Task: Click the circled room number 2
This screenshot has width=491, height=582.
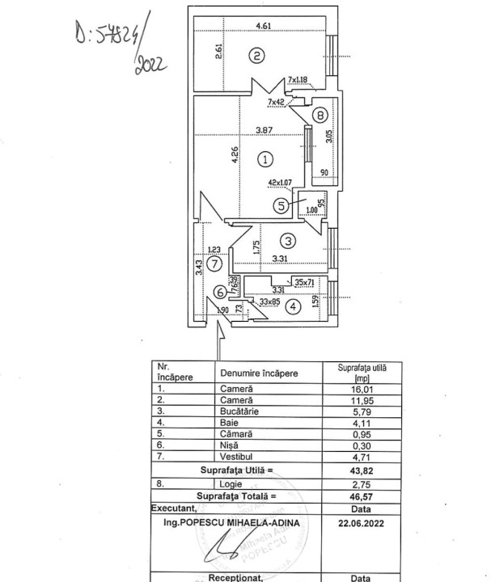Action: tap(256, 56)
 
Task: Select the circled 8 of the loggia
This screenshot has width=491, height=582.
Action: tap(320, 115)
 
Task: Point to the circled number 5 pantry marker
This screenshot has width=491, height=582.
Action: tap(281, 205)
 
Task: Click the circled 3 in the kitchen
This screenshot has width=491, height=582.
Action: tap(288, 240)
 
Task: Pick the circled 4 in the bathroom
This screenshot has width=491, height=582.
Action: tap(293, 306)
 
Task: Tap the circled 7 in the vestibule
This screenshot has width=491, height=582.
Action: tap(214, 263)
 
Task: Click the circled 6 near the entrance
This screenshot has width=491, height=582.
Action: tap(219, 293)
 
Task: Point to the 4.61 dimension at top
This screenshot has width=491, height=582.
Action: tap(263, 27)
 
